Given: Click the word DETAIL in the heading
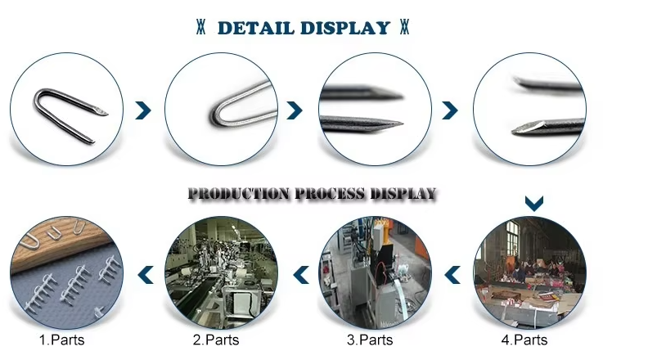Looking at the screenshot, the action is tap(256, 28).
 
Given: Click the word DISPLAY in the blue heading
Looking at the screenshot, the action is tap(345, 28).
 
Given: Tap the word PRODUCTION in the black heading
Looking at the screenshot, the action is tap(239, 193).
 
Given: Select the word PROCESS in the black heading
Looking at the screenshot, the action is tap(331, 193).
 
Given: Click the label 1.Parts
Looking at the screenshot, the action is tap(61, 340).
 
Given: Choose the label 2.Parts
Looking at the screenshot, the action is tap(216, 340).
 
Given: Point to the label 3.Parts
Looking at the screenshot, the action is tap(370, 340).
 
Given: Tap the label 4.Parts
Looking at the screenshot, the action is tap(524, 340).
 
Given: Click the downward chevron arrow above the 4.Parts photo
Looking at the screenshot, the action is tap(534, 204).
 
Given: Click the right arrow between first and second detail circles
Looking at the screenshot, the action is tap(143, 110).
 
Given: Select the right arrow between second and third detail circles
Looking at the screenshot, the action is tap(295, 110).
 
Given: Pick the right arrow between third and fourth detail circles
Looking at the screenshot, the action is tap(450, 110).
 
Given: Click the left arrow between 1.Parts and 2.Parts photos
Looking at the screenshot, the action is tap(146, 275).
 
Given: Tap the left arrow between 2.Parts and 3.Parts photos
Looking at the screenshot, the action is tap(301, 275).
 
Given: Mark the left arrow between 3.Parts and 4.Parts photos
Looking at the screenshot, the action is tap(452, 275).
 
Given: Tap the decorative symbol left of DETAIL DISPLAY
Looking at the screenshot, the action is tap(200, 27).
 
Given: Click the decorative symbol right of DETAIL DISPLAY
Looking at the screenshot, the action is tap(404, 27).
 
